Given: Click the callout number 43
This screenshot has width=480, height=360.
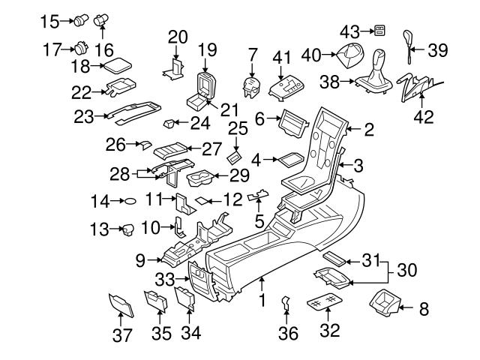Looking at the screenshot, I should coord(349,31).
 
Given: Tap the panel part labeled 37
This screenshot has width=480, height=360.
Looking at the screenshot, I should coord(118,304).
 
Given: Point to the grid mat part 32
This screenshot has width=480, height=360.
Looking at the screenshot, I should coord(325,304).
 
